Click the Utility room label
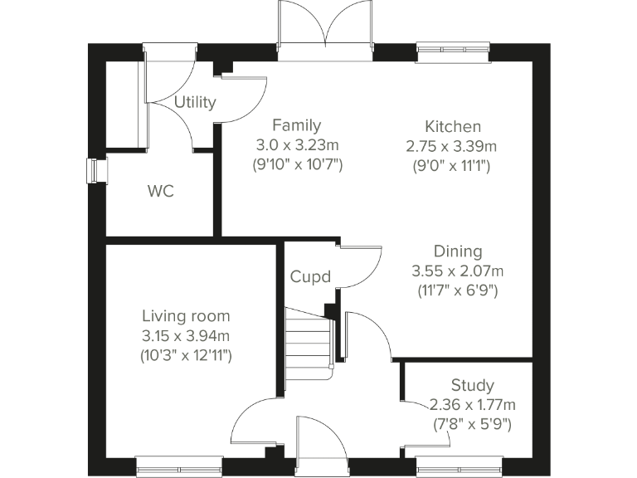click(195, 102)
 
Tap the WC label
click(160, 192)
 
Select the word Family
click(296, 126)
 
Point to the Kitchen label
click(452, 127)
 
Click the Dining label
click(458, 251)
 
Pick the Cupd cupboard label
click(310, 276)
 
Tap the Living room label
click(186, 316)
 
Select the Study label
click(472, 385)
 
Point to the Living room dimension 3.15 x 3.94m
click(186, 335)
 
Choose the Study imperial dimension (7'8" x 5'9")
click(472, 423)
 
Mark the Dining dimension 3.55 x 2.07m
click(458, 271)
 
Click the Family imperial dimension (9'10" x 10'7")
click(297, 163)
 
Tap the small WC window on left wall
click(94, 170)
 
